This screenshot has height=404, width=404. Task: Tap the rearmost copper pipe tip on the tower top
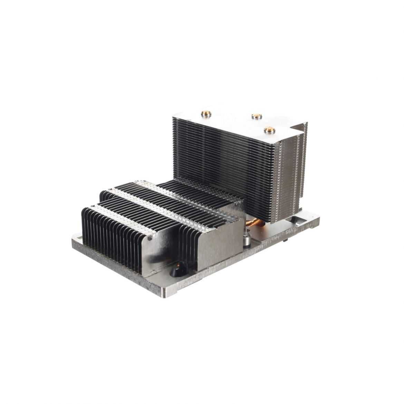pos(256,116)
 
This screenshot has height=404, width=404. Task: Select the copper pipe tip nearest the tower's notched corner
pos(269,130)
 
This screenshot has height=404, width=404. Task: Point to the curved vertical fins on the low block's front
pos(114,242)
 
